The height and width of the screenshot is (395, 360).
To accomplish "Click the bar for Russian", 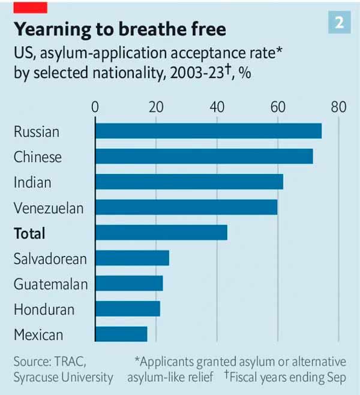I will coord(208,131).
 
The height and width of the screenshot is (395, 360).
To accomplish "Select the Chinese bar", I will coord(204,156).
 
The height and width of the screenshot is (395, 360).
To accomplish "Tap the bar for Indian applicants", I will coord(189,182).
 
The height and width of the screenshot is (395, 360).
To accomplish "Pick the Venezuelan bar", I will coord(186,207).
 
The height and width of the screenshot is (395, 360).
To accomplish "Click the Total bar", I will coord(161,233).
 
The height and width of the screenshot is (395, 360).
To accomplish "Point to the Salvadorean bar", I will coord(132,258).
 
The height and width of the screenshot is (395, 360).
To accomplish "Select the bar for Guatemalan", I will coord(129,284).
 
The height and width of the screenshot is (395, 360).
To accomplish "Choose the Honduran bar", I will coord(127,309).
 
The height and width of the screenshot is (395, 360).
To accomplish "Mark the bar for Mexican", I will coord(121,334).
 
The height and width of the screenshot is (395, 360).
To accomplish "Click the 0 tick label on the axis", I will coord(95,107).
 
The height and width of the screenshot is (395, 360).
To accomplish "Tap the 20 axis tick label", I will coord(156,107).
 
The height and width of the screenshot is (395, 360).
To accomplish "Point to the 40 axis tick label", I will coord(217,107).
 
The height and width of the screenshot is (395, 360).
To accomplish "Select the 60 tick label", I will coord(278,107).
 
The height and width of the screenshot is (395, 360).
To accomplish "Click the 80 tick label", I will coord(338,107).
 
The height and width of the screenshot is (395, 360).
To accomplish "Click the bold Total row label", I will coord(29,233).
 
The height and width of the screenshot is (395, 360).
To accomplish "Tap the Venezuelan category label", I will coord(49,208).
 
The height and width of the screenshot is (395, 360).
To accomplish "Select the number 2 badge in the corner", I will coord(340,23).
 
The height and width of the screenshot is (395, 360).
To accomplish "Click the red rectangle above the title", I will coord(30,7).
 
